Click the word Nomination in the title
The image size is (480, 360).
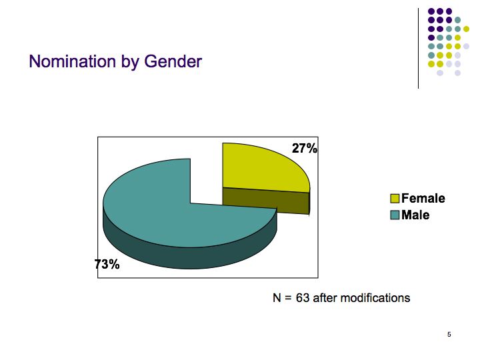click(73, 61)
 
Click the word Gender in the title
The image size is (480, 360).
click(173, 61)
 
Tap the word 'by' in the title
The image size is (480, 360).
click(130, 62)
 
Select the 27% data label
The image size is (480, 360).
click(305, 148)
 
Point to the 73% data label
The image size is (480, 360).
click(107, 264)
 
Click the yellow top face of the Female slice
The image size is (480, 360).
click(263, 169)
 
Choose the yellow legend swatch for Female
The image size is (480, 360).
click(395, 199)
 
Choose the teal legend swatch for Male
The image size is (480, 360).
click(395, 215)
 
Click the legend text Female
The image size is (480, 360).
click(423, 199)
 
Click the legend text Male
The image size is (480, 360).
click(415, 215)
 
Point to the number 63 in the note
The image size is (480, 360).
click(303, 298)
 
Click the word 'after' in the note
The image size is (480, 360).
click(325, 298)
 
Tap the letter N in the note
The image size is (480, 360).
click(277, 298)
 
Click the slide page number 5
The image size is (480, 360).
click(449, 335)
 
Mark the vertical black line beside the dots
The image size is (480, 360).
click(419, 49)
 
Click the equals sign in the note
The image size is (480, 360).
click(288, 298)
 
